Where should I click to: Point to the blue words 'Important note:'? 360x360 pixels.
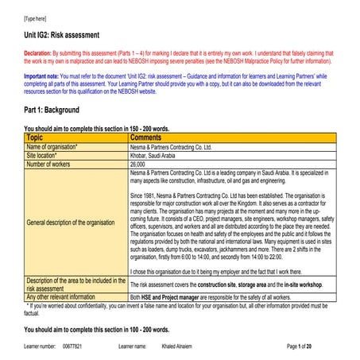click(x=45, y=77)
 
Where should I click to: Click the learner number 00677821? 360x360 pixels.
click(x=72, y=346)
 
